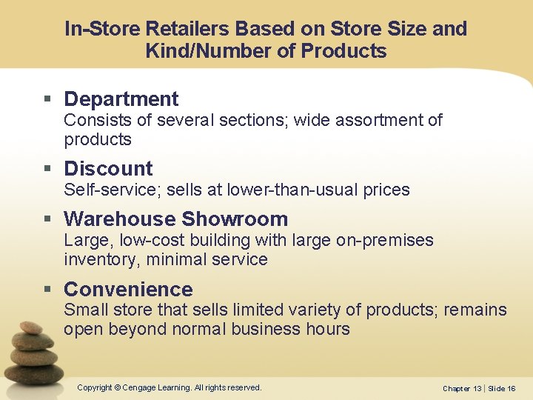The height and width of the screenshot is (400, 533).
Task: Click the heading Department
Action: pos(121,99)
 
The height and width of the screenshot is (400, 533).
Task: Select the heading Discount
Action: pos(108,169)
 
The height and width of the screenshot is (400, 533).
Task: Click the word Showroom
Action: pos(235,219)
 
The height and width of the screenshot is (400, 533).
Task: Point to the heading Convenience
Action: pos(128,290)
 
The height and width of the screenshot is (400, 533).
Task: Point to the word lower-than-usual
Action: pos(276,190)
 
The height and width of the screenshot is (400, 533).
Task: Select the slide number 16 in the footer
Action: pos(511,388)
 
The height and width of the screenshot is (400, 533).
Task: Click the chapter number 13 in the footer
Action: pos(477,388)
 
